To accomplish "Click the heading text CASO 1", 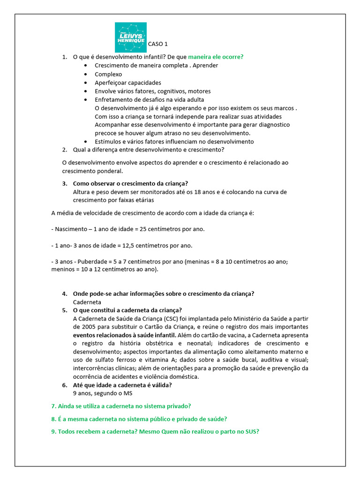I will coord(158,45).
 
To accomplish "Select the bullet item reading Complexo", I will coord(108,74).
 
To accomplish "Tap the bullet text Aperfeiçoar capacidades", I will coord(127,82).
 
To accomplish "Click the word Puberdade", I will coord(93,262).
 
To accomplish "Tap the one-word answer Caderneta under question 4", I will coord(87,302).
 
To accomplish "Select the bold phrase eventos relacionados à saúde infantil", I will coord(125,335).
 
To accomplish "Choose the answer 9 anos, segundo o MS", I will coord(103,393).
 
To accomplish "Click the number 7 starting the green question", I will coord(53,406).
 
